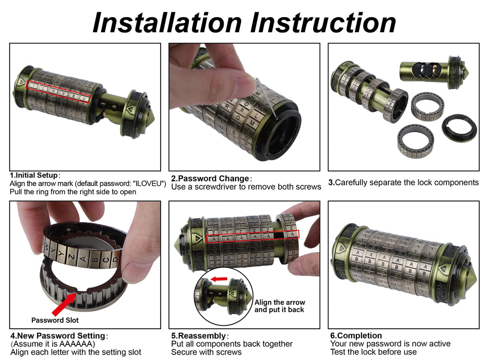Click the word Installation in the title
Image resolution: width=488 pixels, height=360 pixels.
(167, 22)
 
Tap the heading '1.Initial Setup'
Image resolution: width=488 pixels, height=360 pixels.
(34, 175)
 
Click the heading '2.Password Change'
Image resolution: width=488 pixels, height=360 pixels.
(210, 179)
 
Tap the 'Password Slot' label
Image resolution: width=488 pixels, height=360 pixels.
(55, 320)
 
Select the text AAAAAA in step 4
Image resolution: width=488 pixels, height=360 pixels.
(76, 344)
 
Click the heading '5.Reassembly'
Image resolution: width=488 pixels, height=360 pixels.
(199, 336)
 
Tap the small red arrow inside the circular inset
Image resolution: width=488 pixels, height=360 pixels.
(219, 279)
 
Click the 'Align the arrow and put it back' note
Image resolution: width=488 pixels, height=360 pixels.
(280, 306)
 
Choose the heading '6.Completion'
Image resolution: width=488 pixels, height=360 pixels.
(356, 336)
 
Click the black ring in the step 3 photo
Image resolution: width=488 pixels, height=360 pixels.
(459, 127)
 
